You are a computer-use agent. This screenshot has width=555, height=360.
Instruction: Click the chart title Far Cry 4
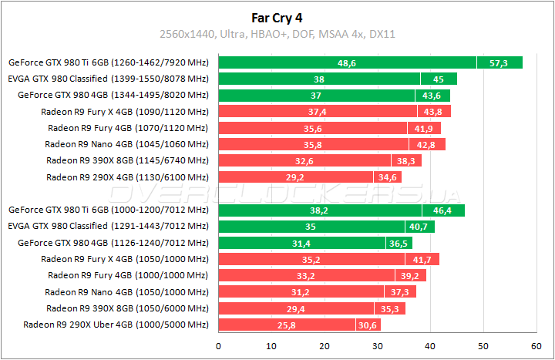coord(277,16)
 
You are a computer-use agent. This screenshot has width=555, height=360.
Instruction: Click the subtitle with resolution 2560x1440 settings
coord(277,34)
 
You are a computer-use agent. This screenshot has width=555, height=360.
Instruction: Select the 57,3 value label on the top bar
coord(499,62)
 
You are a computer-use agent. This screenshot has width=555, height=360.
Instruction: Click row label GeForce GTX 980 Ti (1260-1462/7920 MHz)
coord(108,62)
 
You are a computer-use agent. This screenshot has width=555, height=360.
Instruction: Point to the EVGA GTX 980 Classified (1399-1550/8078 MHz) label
coord(108,79)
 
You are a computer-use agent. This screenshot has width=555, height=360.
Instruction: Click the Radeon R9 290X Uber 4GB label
coord(116,325)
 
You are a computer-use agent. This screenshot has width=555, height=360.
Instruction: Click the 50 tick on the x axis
coord(483,345)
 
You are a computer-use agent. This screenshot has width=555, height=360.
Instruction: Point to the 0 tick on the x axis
coord(219,345)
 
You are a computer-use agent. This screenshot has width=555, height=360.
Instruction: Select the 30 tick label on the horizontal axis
coord(378,345)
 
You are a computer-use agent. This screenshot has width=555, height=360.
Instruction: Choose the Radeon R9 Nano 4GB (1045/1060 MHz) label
coord(126,144)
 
